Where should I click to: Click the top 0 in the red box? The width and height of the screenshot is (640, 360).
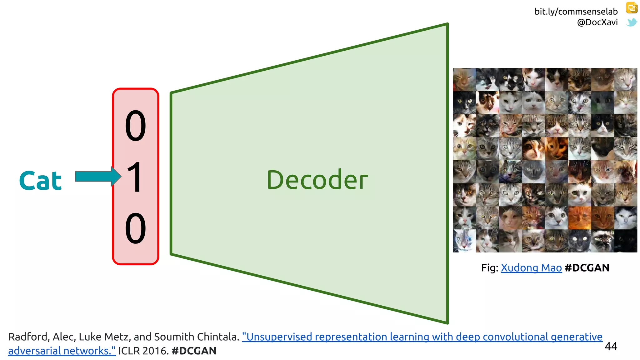135,126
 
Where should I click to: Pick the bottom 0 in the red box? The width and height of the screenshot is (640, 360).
135,228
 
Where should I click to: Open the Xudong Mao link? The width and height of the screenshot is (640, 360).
531,268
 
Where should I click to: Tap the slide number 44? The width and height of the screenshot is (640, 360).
611,346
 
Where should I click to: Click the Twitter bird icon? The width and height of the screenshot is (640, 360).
632,22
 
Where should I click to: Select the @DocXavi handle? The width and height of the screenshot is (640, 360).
597,22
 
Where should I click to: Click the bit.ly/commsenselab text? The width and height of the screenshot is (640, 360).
576,12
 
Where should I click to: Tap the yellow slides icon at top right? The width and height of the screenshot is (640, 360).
632,7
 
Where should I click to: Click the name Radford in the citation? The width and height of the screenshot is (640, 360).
27,337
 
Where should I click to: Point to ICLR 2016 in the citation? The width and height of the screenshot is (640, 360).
143,351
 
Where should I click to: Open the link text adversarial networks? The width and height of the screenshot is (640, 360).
62,351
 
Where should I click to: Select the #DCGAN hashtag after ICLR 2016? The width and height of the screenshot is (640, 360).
194,351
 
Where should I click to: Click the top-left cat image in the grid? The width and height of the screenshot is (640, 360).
464,80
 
